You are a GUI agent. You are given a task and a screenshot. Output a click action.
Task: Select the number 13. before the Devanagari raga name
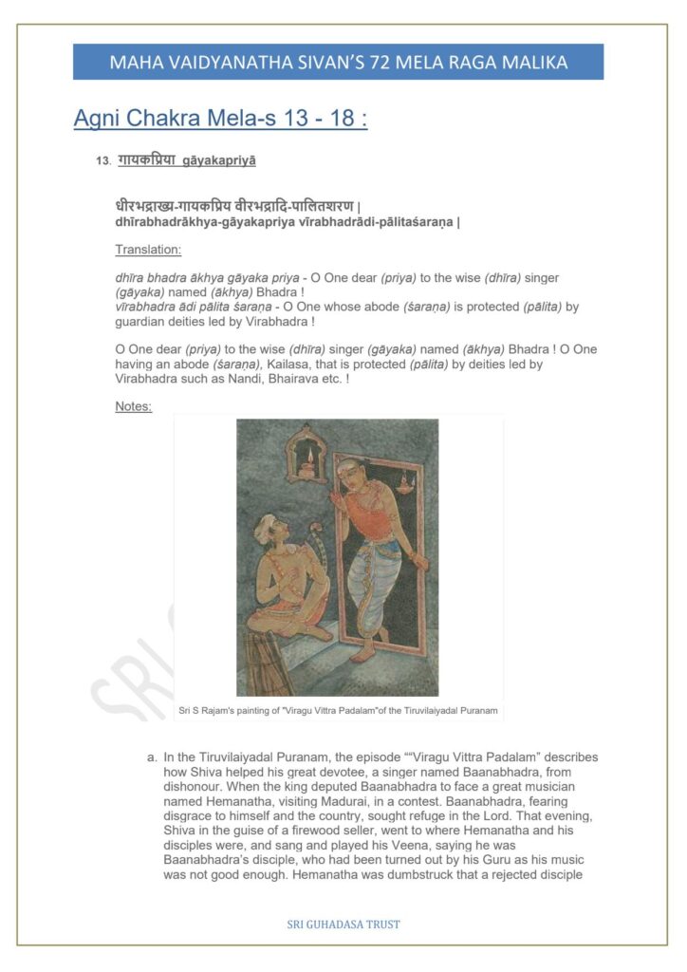[103, 162]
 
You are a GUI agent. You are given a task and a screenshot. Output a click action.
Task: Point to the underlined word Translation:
[148, 250]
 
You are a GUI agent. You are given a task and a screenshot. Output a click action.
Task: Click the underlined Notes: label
[133, 406]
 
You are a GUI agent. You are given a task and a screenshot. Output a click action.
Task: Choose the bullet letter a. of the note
[152, 757]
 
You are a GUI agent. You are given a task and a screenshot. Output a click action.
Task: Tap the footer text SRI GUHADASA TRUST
[343, 924]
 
